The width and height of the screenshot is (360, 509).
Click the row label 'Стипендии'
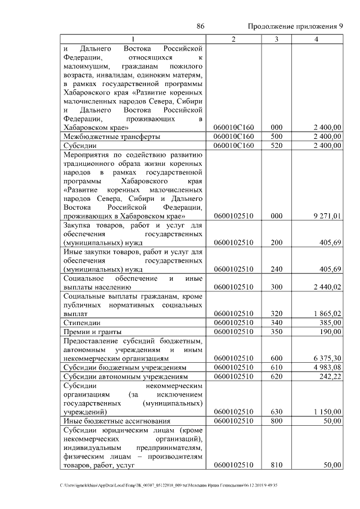pyautogui.click(x=82, y=323)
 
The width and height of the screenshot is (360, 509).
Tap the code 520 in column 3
pyautogui.click(x=276, y=146)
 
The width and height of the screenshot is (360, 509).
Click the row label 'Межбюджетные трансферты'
pyautogui.click(x=112, y=137)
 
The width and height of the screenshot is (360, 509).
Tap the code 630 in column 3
pyautogui.click(x=276, y=412)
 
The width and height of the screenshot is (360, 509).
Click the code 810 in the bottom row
pyautogui.click(x=276, y=465)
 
